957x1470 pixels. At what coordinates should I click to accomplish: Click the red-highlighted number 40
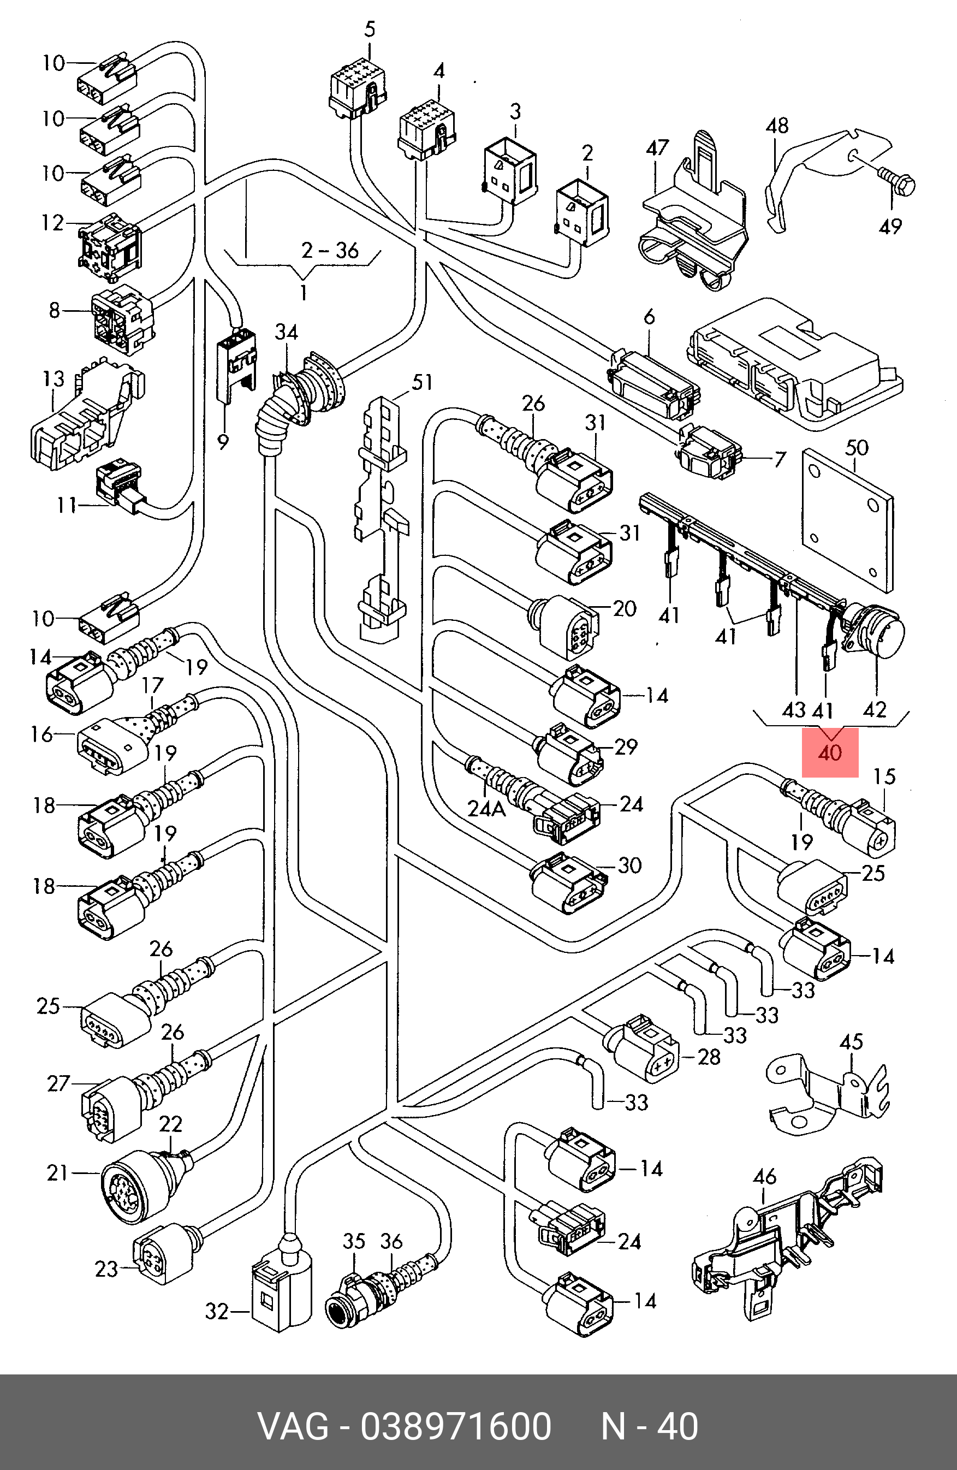click(x=829, y=753)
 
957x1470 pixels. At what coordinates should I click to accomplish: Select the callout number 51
click(x=423, y=382)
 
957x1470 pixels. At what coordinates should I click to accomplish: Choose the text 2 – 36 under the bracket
click(x=330, y=250)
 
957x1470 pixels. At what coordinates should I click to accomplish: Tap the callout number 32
click(x=217, y=1311)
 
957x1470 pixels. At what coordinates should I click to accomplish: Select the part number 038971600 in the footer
click(x=456, y=1426)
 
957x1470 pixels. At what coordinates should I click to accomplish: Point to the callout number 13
click(x=53, y=378)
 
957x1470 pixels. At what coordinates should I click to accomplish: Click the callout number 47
click(x=657, y=147)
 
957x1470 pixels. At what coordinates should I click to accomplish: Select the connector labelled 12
click(x=110, y=245)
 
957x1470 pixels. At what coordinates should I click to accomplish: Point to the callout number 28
click(x=709, y=1057)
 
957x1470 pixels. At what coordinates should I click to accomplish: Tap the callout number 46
click(x=764, y=1177)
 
